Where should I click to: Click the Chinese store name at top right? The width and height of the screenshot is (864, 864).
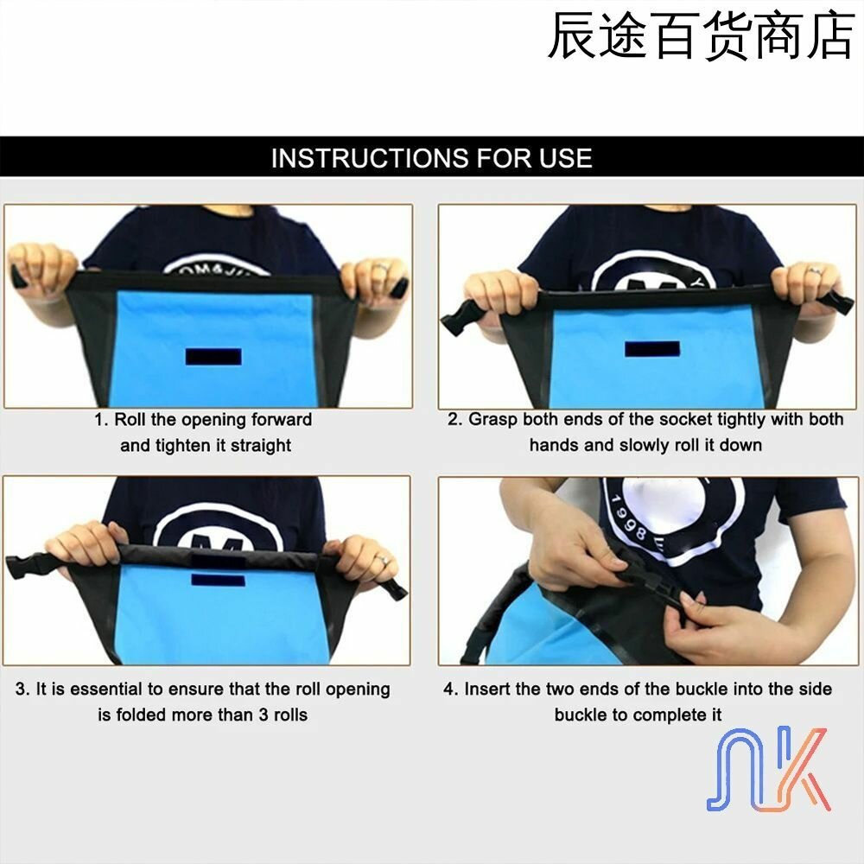[701, 35]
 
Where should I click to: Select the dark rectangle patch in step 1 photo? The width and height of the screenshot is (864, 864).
[213, 357]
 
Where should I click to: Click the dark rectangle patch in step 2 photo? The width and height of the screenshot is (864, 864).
[651, 349]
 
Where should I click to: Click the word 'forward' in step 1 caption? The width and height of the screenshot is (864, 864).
[282, 420]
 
